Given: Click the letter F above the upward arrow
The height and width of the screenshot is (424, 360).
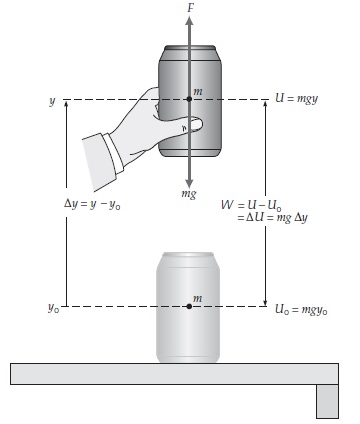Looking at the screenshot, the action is [x=190, y=8].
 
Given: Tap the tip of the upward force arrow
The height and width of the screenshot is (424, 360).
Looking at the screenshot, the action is [x=189, y=17].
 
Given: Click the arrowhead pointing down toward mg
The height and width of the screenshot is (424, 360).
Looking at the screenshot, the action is [x=189, y=184].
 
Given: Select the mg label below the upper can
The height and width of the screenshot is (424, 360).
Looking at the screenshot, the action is [x=189, y=194].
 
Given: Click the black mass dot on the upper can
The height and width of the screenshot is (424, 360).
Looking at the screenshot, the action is [x=189, y=99].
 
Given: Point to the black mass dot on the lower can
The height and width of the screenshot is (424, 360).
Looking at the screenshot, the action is [x=189, y=306].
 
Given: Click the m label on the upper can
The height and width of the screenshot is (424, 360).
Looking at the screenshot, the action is [x=198, y=92].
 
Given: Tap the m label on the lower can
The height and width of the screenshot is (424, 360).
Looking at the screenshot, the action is [x=197, y=299].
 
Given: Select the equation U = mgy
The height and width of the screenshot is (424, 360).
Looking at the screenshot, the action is [x=297, y=99].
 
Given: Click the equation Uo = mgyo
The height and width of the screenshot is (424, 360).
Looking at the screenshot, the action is [x=301, y=310].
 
